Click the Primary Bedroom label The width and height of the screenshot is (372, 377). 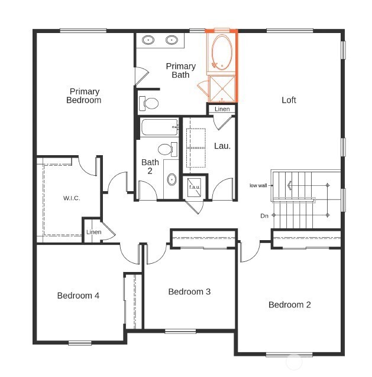tap(85, 96)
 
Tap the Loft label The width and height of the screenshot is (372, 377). tap(289, 100)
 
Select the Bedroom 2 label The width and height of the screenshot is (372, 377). tap(289, 304)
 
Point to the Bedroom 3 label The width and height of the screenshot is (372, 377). tap(189, 291)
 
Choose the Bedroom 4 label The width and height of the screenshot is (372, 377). tap(78, 296)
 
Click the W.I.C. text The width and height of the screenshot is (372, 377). tap(71, 198)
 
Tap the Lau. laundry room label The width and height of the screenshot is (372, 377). tap(222, 145)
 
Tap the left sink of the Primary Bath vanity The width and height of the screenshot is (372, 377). tap(149, 40)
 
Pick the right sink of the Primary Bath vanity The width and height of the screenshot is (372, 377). tap(172, 40)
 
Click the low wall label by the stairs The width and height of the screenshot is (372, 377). tap(258, 185)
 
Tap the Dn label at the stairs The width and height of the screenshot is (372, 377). tap(264, 216)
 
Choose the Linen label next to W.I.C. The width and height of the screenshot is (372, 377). tap(93, 232)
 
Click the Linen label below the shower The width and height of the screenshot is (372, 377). tap(222, 109)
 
